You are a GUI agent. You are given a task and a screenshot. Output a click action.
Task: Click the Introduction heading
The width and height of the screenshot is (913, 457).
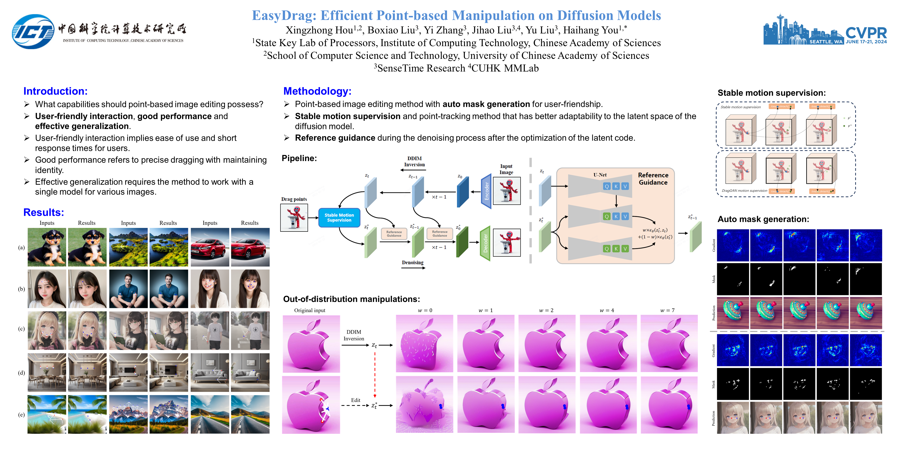(x=55, y=91)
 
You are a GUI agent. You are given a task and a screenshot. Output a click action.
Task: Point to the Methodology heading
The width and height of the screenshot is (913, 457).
(x=317, y=91)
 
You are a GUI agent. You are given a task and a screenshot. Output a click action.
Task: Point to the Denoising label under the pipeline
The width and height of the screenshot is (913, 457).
(x=413, y=263)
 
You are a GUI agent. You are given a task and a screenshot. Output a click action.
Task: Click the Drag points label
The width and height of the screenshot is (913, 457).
(x=294, y=199)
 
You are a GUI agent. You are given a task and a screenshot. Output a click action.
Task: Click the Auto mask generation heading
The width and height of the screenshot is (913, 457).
(x=763, y=219)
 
